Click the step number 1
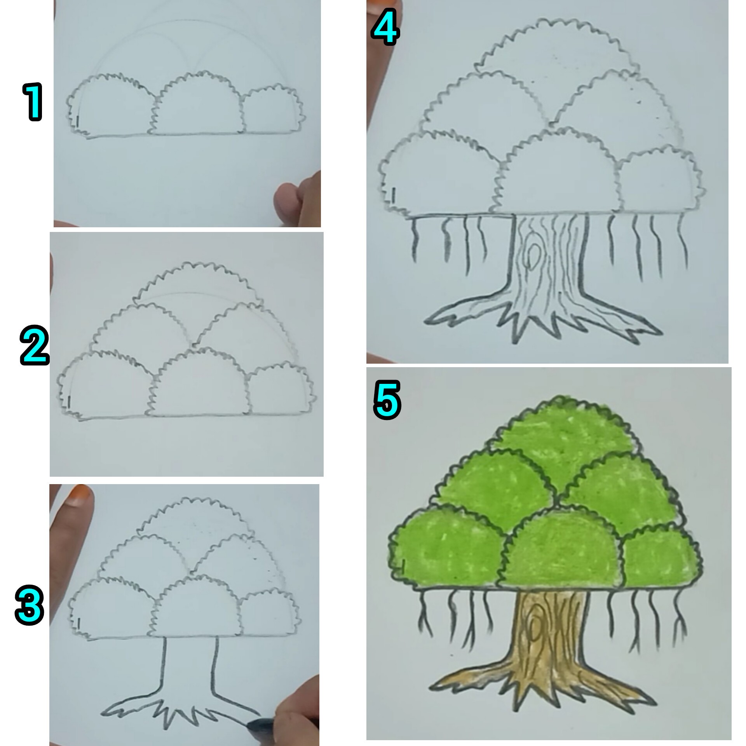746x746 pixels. coord(33,102)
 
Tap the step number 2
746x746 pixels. coord(35,345)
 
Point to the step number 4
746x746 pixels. coord(385,26)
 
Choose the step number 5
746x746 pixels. coord(387,400)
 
